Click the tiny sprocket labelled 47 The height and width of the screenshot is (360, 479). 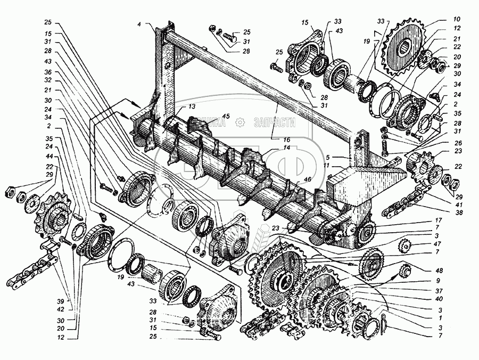406,247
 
